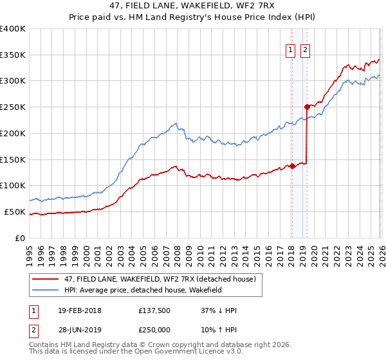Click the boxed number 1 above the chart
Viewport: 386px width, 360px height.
(x=289, y=50)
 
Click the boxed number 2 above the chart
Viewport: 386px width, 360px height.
(x=305, y=50)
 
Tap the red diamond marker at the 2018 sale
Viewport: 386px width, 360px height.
(x=292, y=166)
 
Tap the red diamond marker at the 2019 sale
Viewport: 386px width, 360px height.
(x=307, y=107)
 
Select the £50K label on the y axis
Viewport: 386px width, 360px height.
(x=15, y=212)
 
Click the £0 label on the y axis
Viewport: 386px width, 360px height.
(x=21, y=238)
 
